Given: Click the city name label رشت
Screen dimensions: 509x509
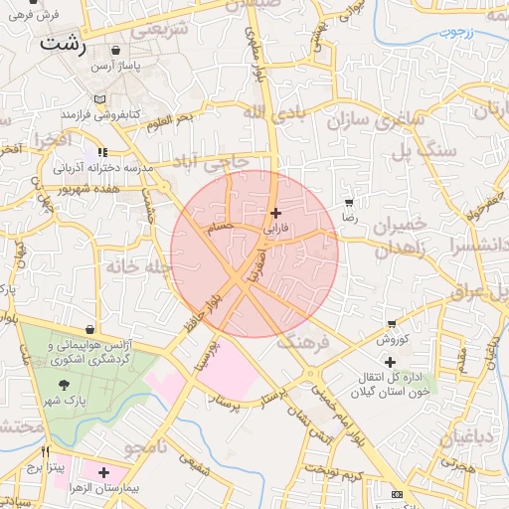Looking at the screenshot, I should pos(64,46).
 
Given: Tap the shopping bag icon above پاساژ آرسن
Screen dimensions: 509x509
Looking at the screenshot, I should pos(117,51).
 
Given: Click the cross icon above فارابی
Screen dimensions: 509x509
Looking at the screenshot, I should pos(275,213).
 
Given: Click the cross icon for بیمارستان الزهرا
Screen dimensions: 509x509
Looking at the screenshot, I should pos(103,473).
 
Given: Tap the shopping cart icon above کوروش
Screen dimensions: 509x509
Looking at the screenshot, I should pos(392,325).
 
